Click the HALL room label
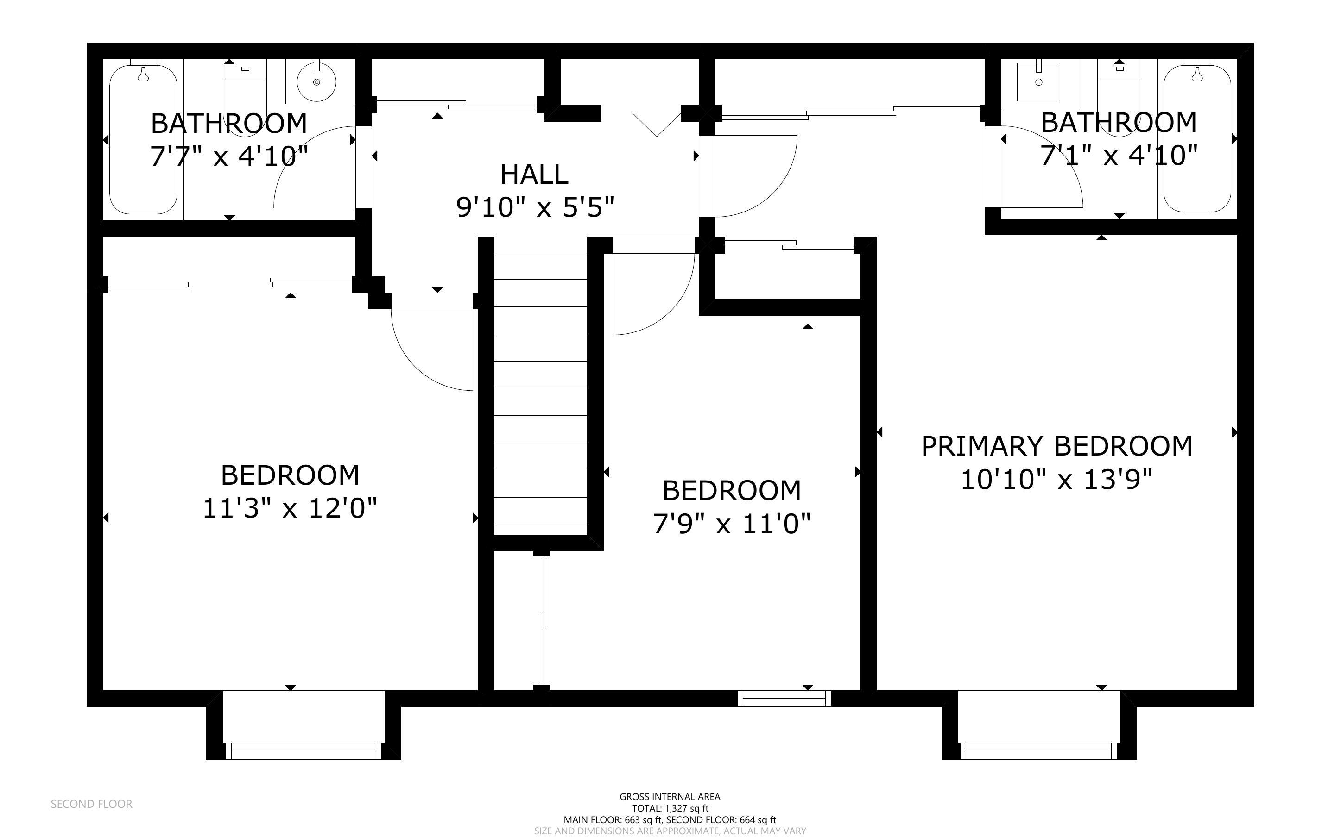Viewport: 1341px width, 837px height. pyautogui.click(x=534, y=175)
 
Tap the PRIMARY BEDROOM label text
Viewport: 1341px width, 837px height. pyautogui.click(x=1056, y=446)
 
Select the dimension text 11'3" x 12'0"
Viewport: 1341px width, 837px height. pyautogui.click(x=290, y=508)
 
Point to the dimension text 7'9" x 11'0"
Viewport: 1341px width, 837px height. pyautogui.click(x=731, y=524)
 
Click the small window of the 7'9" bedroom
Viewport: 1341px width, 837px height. pyautogui.click(x=784, y=700)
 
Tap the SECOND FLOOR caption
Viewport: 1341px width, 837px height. pyautogui.click(x=91, y=804)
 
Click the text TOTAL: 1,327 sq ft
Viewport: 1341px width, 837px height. pyautogui.click(x=670, y=808)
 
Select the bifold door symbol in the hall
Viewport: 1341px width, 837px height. pyautogui.click(x=657, y=123)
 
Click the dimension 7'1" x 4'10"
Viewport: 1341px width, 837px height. pyautogui.click(x=1119, y=156)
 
